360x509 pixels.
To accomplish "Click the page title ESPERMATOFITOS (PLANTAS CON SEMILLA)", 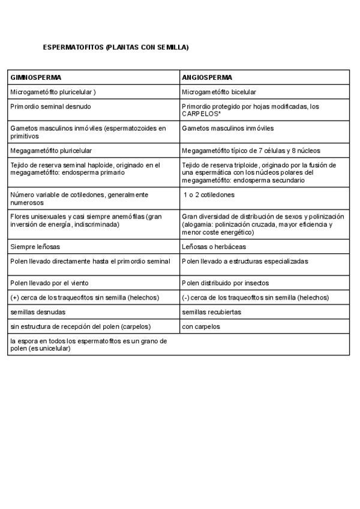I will pos(116,47).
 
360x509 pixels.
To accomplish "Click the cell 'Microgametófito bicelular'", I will pos(219,92).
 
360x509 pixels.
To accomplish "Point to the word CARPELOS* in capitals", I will pos(202,113).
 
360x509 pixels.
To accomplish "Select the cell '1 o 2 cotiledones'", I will pos(209,195).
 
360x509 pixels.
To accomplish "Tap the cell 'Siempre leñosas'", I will pos(35,247).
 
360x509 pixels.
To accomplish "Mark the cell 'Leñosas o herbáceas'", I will pos(214,247).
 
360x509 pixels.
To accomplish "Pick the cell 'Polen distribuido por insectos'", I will pos(226,283).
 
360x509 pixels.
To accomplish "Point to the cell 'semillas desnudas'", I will pos(38,312).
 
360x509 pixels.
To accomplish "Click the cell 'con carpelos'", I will pos(201,327).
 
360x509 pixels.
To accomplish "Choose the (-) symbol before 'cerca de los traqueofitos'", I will pos(185,298).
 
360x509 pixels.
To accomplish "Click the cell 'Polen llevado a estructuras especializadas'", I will pos(245,261).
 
